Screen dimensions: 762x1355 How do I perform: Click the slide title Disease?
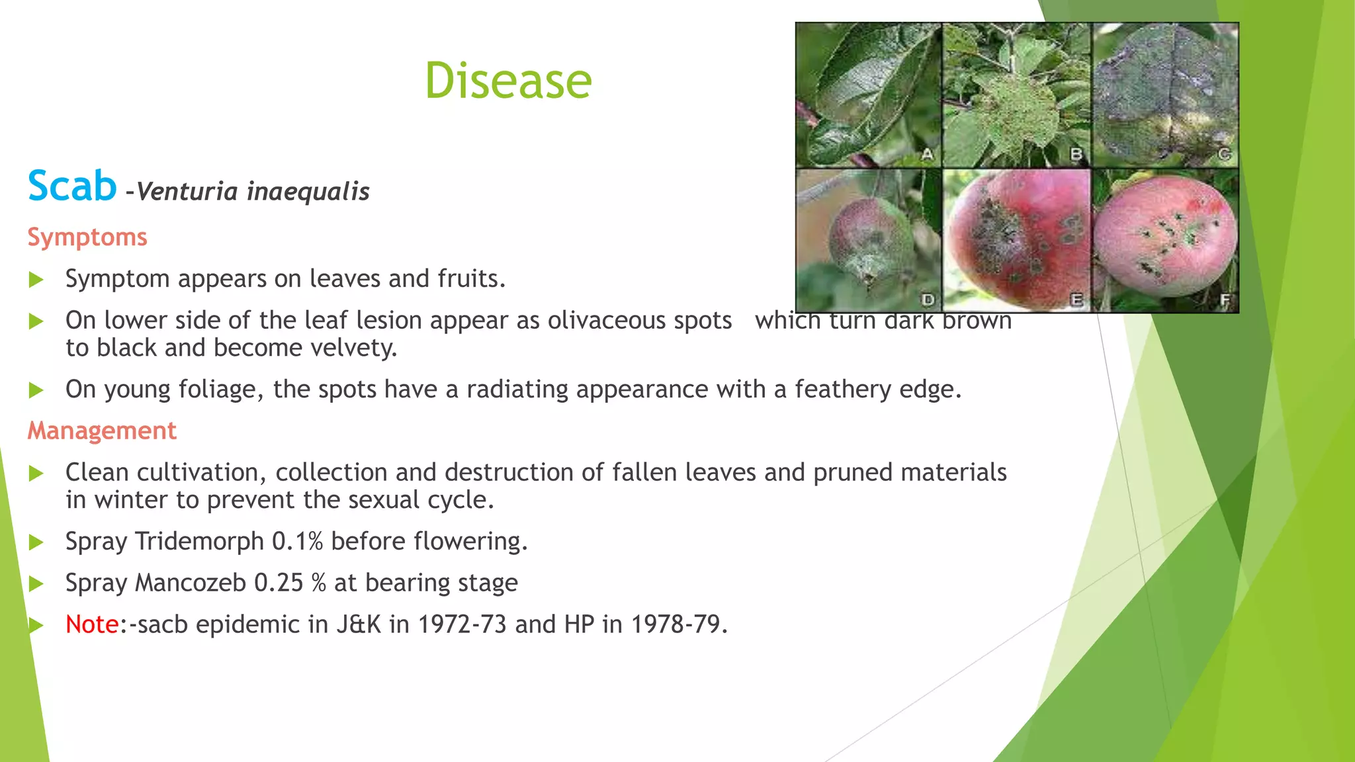click(x=508, y=81)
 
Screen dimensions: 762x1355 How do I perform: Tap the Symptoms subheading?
click(x=87, y=237)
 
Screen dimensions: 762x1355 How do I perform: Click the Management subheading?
click(x=102, y=431)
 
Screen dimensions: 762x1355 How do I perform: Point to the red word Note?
click(x=92, y=624)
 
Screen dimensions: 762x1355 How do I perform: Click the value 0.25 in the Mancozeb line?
click(x=279, y=583)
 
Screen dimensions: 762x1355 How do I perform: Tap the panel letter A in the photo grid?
click(x=928, y=154)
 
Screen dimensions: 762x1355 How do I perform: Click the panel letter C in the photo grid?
click(x=1224, y=154)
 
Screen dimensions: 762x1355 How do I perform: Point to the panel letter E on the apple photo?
click(x=1076, y=300)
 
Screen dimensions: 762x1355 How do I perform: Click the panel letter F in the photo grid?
click(x=1225, y=301)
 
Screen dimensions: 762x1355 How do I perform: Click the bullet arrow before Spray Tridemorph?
click(x=36, y=543)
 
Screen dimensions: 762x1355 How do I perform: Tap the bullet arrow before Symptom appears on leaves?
click(x=36, y=280)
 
